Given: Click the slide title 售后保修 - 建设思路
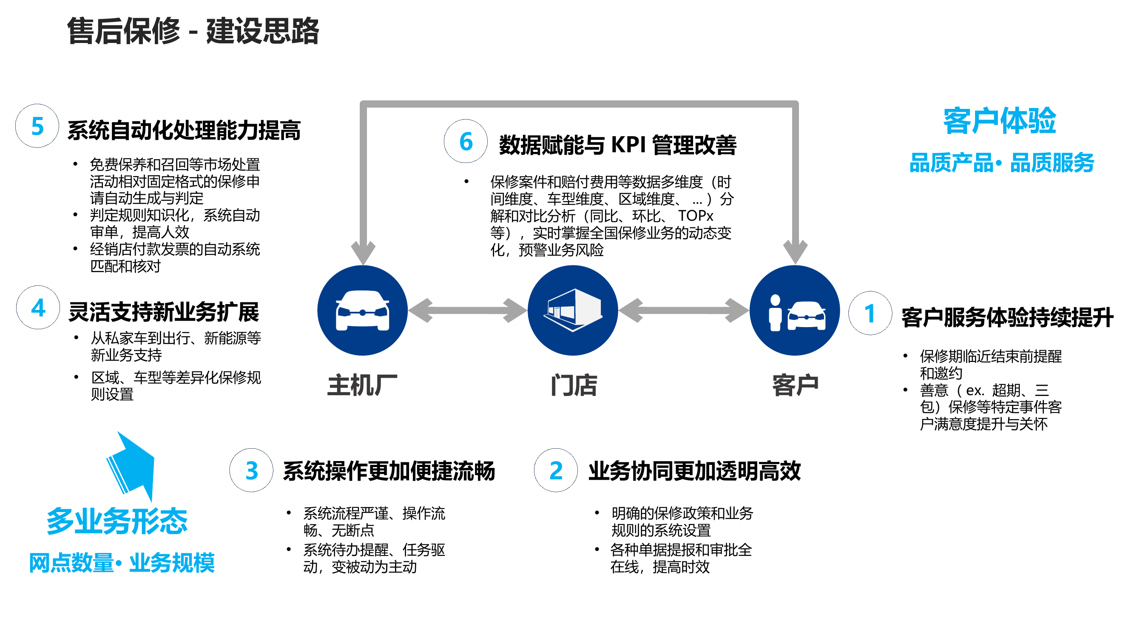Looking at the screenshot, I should [x=193, y=31].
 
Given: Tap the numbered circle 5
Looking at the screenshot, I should [x=37, y=126].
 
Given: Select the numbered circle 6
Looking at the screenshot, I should [x=466, y=141].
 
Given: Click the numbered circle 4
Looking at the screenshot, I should [x=38, y=308].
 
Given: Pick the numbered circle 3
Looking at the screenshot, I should [x=251, y=470].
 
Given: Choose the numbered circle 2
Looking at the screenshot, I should [x=556, y=470].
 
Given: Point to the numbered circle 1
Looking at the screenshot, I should [x=870, y=313].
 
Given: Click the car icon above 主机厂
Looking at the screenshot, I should [x=362, y=310].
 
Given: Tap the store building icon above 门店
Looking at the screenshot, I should [x=573, y=310].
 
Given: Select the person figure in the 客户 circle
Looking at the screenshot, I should [x=775, y=313].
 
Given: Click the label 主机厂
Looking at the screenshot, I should [x=362, y=385].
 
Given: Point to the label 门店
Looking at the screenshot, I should [x=574, y=385].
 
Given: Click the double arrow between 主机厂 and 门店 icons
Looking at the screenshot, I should [x=468, y=310].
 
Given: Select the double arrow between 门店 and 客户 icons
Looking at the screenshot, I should [x=684, y=310].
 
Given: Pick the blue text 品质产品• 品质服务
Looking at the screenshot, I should [x=1001, y=162].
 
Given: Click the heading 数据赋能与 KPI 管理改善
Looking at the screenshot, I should [x=617, y=145].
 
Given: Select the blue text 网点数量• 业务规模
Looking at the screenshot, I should [x=122, y=563].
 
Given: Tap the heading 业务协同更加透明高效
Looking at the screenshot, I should [x=694, y=471].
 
